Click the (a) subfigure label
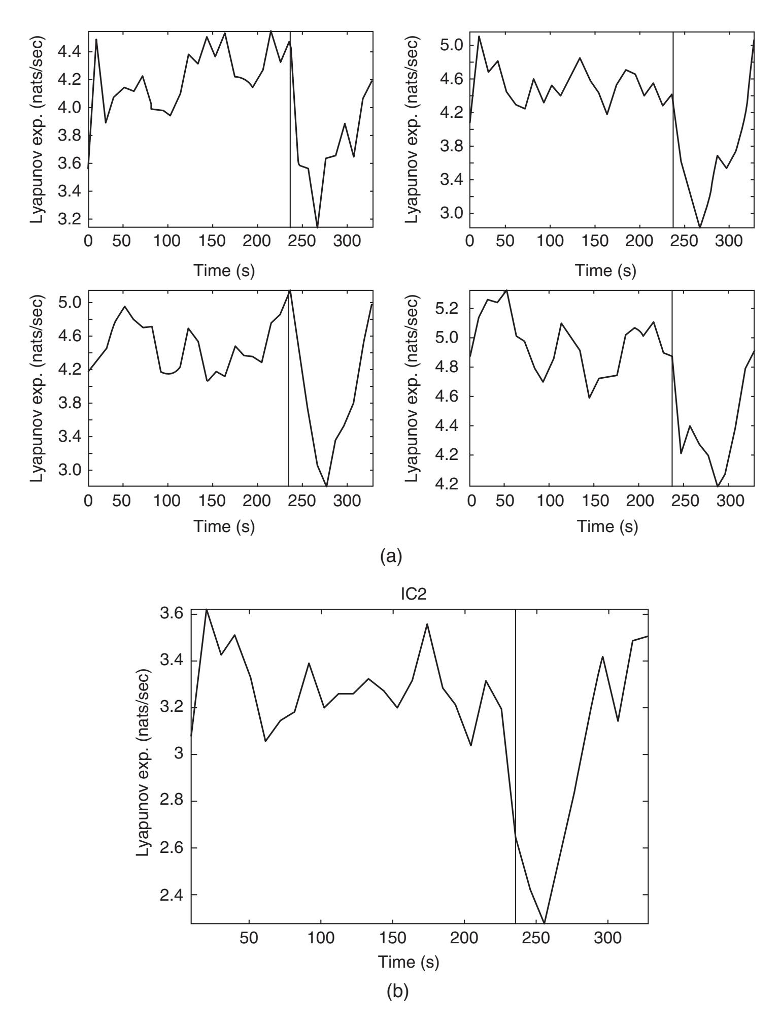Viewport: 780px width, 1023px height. click(391, 557)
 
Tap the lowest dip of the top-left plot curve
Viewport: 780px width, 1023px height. click(317, 227)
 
